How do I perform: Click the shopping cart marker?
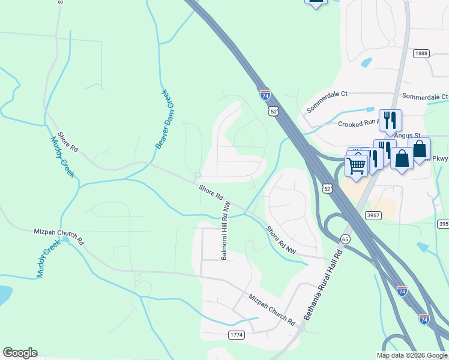coord(357,165)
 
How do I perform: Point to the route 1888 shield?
coord(421,53)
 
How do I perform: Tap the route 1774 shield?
coord(237,335)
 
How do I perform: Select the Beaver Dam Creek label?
coord(164,119)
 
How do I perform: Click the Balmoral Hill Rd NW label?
coord(225,231)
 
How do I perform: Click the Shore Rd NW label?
coord(282,239)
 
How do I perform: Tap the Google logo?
coord(20,353)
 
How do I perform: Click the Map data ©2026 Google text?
coord(412,355)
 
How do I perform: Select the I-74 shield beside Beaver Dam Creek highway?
coord(265,95)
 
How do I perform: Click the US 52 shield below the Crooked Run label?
coord(325,188)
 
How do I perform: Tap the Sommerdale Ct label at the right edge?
coord(425,97)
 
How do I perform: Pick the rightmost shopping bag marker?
coord(420,149)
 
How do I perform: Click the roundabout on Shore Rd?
coord(197,175)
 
